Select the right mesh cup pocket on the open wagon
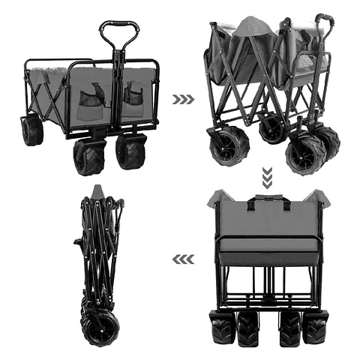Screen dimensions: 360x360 tap(134, 94)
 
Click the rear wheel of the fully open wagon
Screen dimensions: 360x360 tap(32, 130)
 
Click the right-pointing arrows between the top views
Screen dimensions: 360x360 tap(183, 99)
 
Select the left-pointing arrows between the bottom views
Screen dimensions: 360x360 tap(183, 259)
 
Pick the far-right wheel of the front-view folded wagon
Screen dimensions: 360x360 tap(315, 328)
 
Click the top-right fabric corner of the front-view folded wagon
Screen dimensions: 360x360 tap(322, 197)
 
